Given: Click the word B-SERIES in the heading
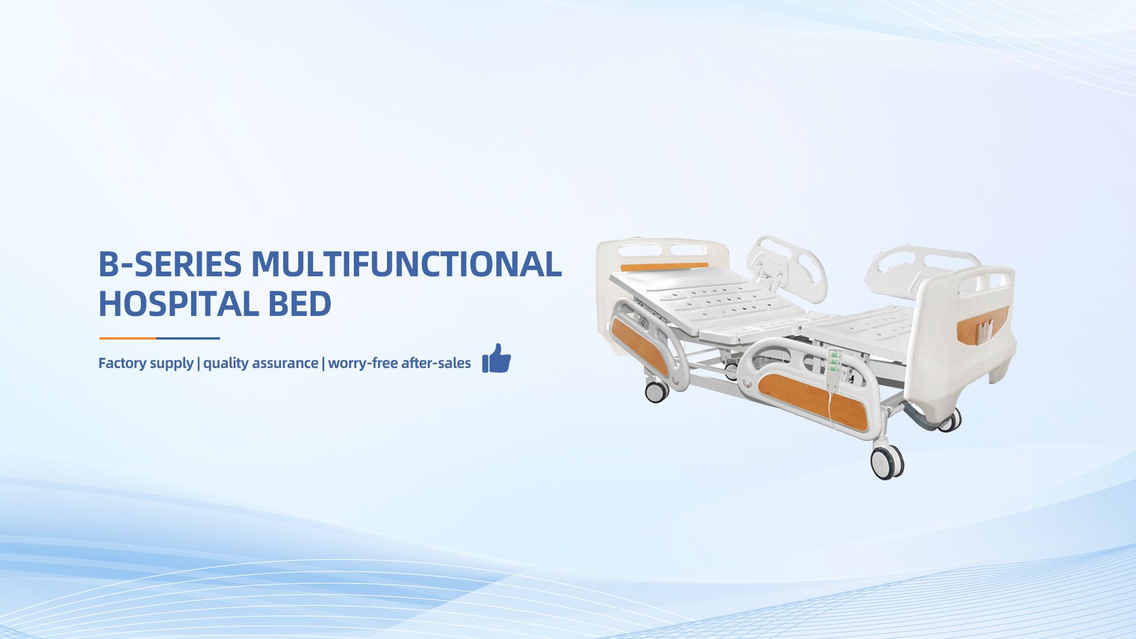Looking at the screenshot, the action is tap(170, 264).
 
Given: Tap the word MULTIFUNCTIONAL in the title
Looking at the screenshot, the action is tap(406, 264).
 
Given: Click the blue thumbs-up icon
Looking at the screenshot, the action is tap(496, 359).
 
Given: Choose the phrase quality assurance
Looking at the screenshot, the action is tap(260, 363).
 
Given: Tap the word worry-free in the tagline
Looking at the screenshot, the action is tap(363, 363).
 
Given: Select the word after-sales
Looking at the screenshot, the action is tap(436, 363).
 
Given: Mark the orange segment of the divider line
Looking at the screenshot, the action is tap(128, 338).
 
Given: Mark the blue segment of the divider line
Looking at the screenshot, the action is tap(188, 338).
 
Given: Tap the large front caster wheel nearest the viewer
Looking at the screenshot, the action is tap(887, 462).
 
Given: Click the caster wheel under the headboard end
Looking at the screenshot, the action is tap(656, 391).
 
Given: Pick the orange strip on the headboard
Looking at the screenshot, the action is tap(664, 267).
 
